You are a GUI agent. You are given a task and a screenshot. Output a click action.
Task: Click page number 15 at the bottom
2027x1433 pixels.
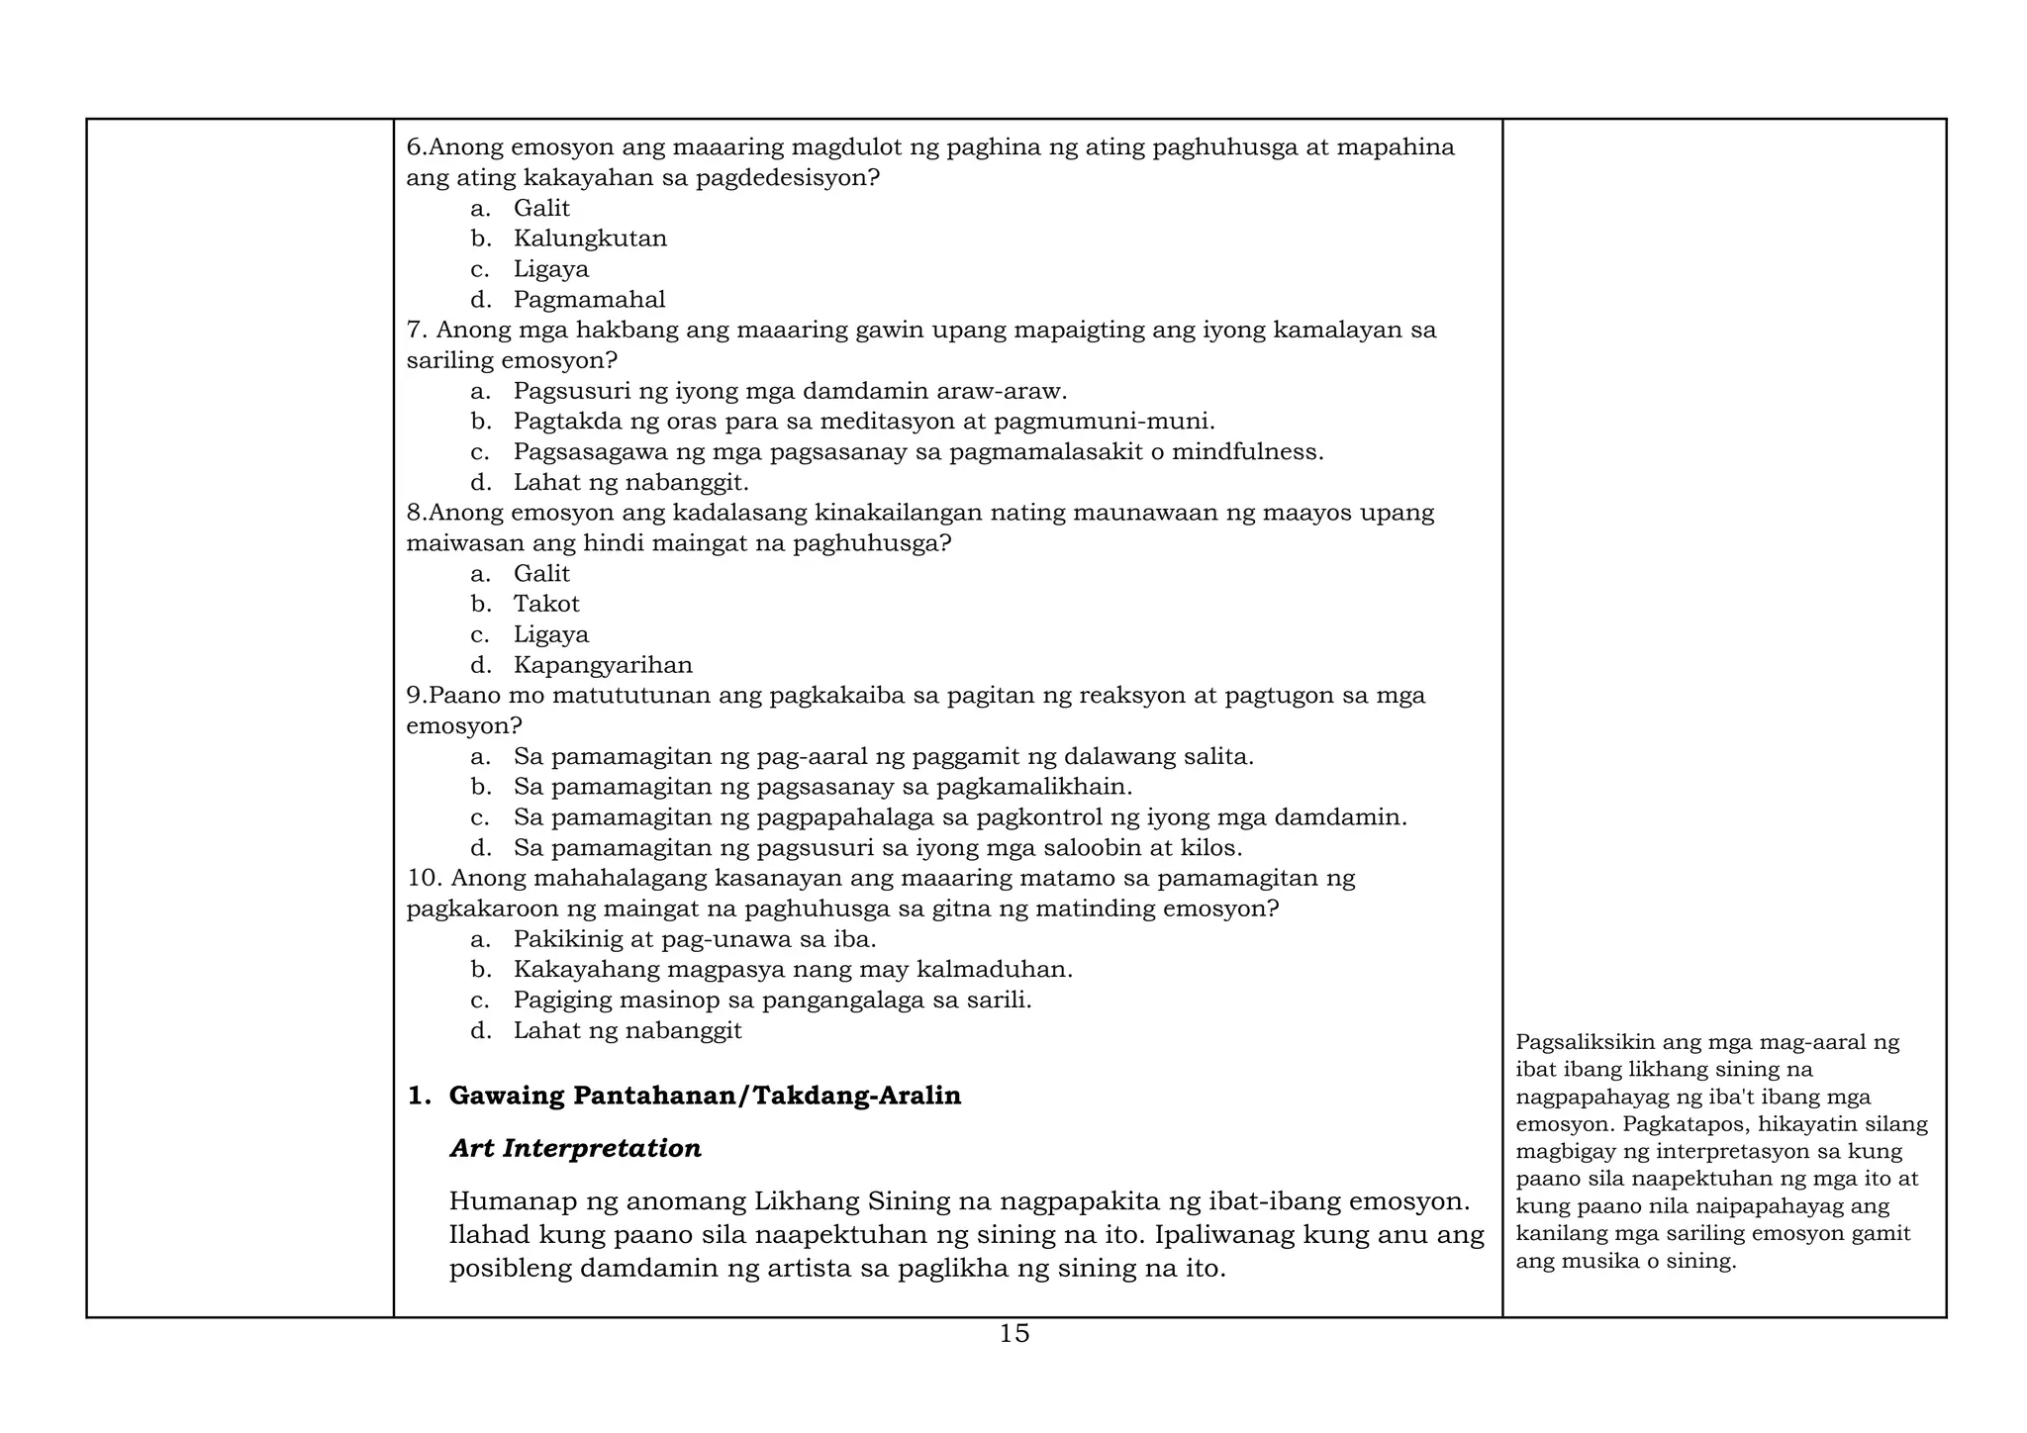(1013, 1334)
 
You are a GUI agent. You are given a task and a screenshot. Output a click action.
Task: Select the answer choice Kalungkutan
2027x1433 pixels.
(590, 239)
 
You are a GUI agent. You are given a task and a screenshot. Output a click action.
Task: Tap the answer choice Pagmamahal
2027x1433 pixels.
(589, 300)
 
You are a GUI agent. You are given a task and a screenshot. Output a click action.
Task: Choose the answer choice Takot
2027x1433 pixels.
(546, 604)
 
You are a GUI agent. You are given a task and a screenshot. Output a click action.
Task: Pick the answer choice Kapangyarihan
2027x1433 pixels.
(603, 665)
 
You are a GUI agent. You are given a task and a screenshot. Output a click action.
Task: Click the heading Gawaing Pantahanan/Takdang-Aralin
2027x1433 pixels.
(705, 1096)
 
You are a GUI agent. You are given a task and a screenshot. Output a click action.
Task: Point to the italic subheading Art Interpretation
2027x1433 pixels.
(575, 1148)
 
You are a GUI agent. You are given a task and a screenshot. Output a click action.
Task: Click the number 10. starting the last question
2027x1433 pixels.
(425, 878)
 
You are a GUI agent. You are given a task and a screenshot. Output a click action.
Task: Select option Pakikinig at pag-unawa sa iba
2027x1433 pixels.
(695, 939)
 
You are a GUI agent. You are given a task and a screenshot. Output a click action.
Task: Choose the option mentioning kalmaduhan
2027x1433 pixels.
(792, 970)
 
